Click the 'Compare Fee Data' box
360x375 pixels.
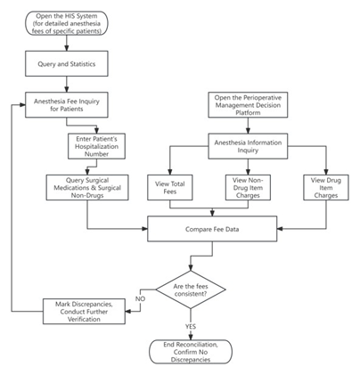click(212, 229)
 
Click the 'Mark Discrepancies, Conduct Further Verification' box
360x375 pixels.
click(88, 312)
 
